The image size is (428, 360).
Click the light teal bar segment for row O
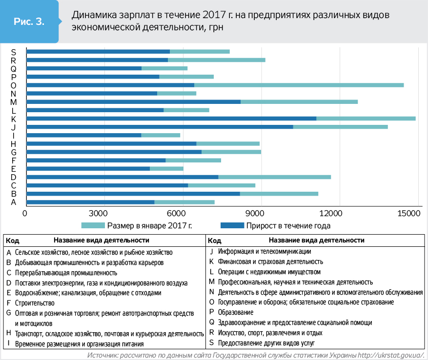(299, 85)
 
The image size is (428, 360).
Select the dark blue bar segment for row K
(171, 118)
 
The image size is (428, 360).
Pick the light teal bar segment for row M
(299, 101)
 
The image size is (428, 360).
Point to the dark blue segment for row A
(90, 202)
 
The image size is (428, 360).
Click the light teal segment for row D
(274, 177)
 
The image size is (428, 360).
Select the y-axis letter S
(14, 52)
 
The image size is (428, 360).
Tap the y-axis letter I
(14, 135)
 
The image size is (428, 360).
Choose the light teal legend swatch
(93, 226)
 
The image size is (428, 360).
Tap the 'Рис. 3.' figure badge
(29, 22)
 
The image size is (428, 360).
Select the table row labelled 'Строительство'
(34, 303)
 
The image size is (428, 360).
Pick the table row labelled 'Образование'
(236, 312)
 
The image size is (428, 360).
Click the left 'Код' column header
(13, 240)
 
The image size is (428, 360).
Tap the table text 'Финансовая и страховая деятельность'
(264, 261)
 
